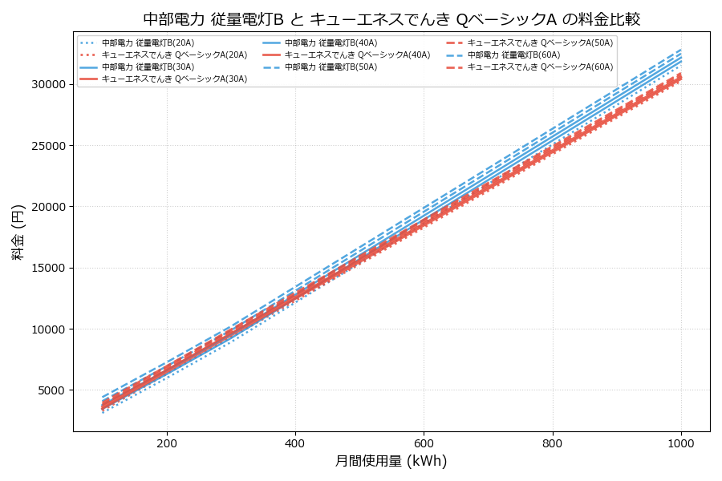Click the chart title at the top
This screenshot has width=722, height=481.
pos(391,19)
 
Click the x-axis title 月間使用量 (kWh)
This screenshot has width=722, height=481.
pos(391,461)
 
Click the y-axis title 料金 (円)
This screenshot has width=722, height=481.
pos(18,232)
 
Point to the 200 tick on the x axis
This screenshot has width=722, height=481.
pos(167,443)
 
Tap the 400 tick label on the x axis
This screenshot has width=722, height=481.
pos(295,443)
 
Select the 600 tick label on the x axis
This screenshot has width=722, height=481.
pos(424,443)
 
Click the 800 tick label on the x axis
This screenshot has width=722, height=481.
pos(553,443)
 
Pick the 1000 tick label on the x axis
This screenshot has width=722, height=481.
pos(681,443)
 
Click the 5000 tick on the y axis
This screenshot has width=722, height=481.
pos(51,390)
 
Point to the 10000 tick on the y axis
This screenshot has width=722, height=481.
pos(47,329)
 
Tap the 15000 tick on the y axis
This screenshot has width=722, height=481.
pos(47,269)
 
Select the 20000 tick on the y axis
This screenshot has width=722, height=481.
pos(47,207)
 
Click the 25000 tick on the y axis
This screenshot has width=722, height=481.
pos(47,146)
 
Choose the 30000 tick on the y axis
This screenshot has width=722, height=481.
pos(47,84)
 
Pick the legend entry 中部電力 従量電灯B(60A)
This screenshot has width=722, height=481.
pos(513,55)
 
